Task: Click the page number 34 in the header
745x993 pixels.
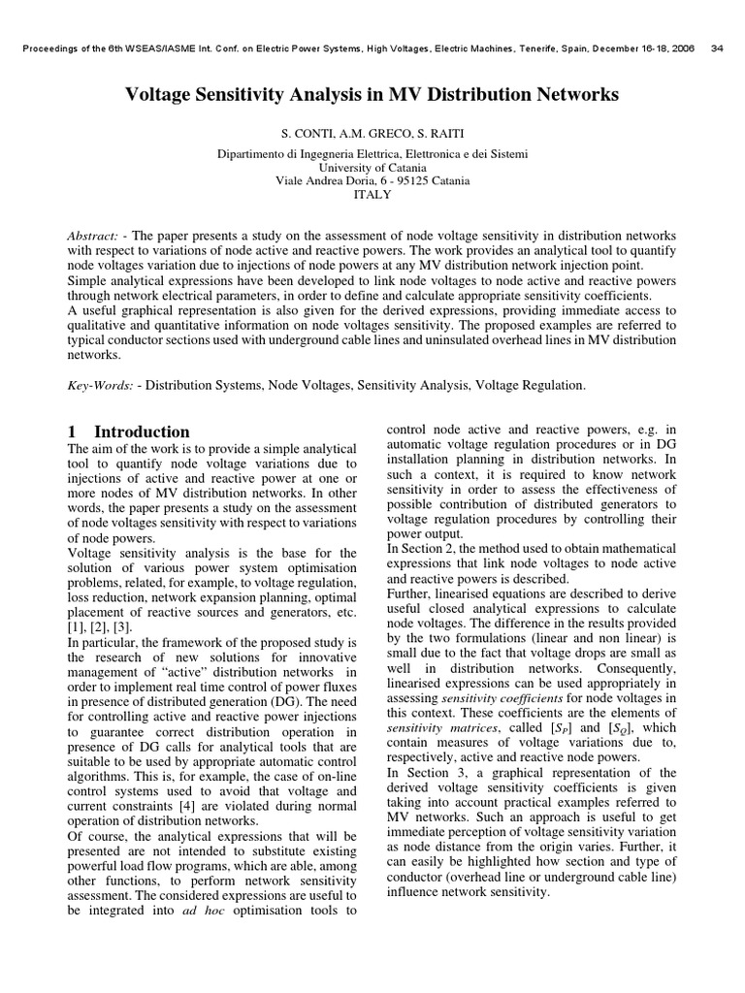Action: click(x=718, y=48)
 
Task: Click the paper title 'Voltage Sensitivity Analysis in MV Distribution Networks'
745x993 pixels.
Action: click(x=372, y=95)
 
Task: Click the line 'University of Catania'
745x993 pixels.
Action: click(x=372, y=167)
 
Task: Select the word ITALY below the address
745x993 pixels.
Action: click(x=372, y=194)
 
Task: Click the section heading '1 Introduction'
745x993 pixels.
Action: click(x=128, y=432)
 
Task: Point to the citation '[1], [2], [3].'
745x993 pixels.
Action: click(x=106, y=628)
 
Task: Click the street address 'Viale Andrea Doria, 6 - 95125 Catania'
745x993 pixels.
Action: click(x=372, y=180)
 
